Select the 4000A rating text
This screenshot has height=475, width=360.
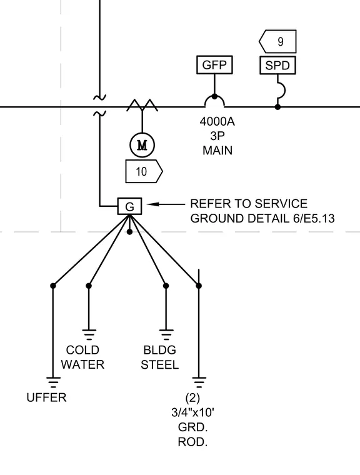point(217,121)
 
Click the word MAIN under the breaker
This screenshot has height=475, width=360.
point(217,151)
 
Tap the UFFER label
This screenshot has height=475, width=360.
point(46,397)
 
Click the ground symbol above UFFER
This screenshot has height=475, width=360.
point(53,382)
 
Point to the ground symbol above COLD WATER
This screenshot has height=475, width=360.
point(89,335)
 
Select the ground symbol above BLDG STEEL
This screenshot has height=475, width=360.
point(166,335)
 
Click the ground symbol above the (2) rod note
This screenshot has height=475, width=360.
point(199,382)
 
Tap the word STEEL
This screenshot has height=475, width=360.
point(160,365)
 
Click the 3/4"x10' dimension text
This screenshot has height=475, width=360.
point(192,412)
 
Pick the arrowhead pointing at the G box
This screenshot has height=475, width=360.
point(151,204)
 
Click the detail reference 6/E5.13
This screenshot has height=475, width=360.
point(314,218)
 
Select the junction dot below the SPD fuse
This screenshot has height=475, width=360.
point(277,107)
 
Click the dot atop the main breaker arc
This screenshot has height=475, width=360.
point(214,97)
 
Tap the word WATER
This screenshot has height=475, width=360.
point(82,365)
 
